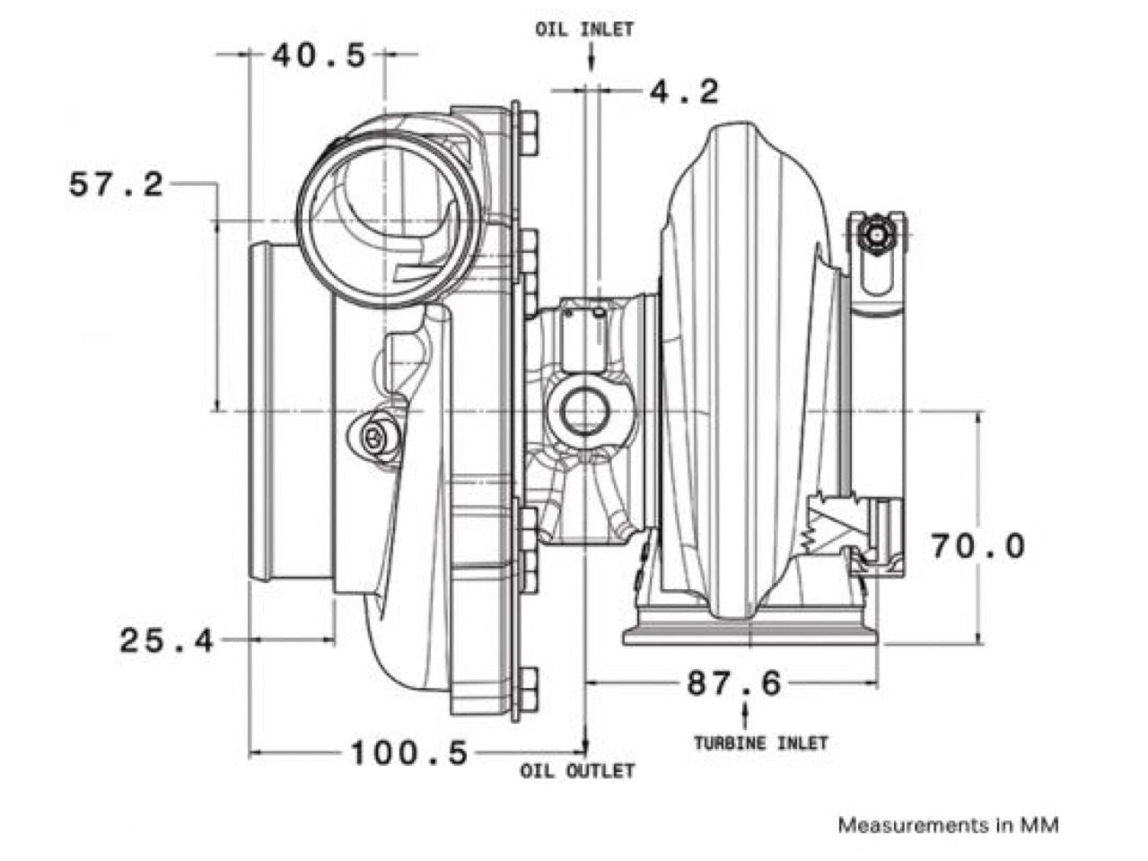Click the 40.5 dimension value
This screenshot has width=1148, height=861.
click(x=319, y=56)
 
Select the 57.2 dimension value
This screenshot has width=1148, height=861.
click(x=116, y=184)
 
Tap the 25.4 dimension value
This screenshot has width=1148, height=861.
click(x=167, y=640)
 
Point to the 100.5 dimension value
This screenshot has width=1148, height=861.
click(x=409, y=752)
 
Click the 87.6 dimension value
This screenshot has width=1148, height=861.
click(x=734, y=683)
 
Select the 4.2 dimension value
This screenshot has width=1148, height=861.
click(x=685, y=92)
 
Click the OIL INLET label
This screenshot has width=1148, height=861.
click(x=584, y=30)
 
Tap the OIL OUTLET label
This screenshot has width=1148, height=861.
click(x=577, y=771)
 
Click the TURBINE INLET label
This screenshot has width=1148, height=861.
click(x=761, y=743)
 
